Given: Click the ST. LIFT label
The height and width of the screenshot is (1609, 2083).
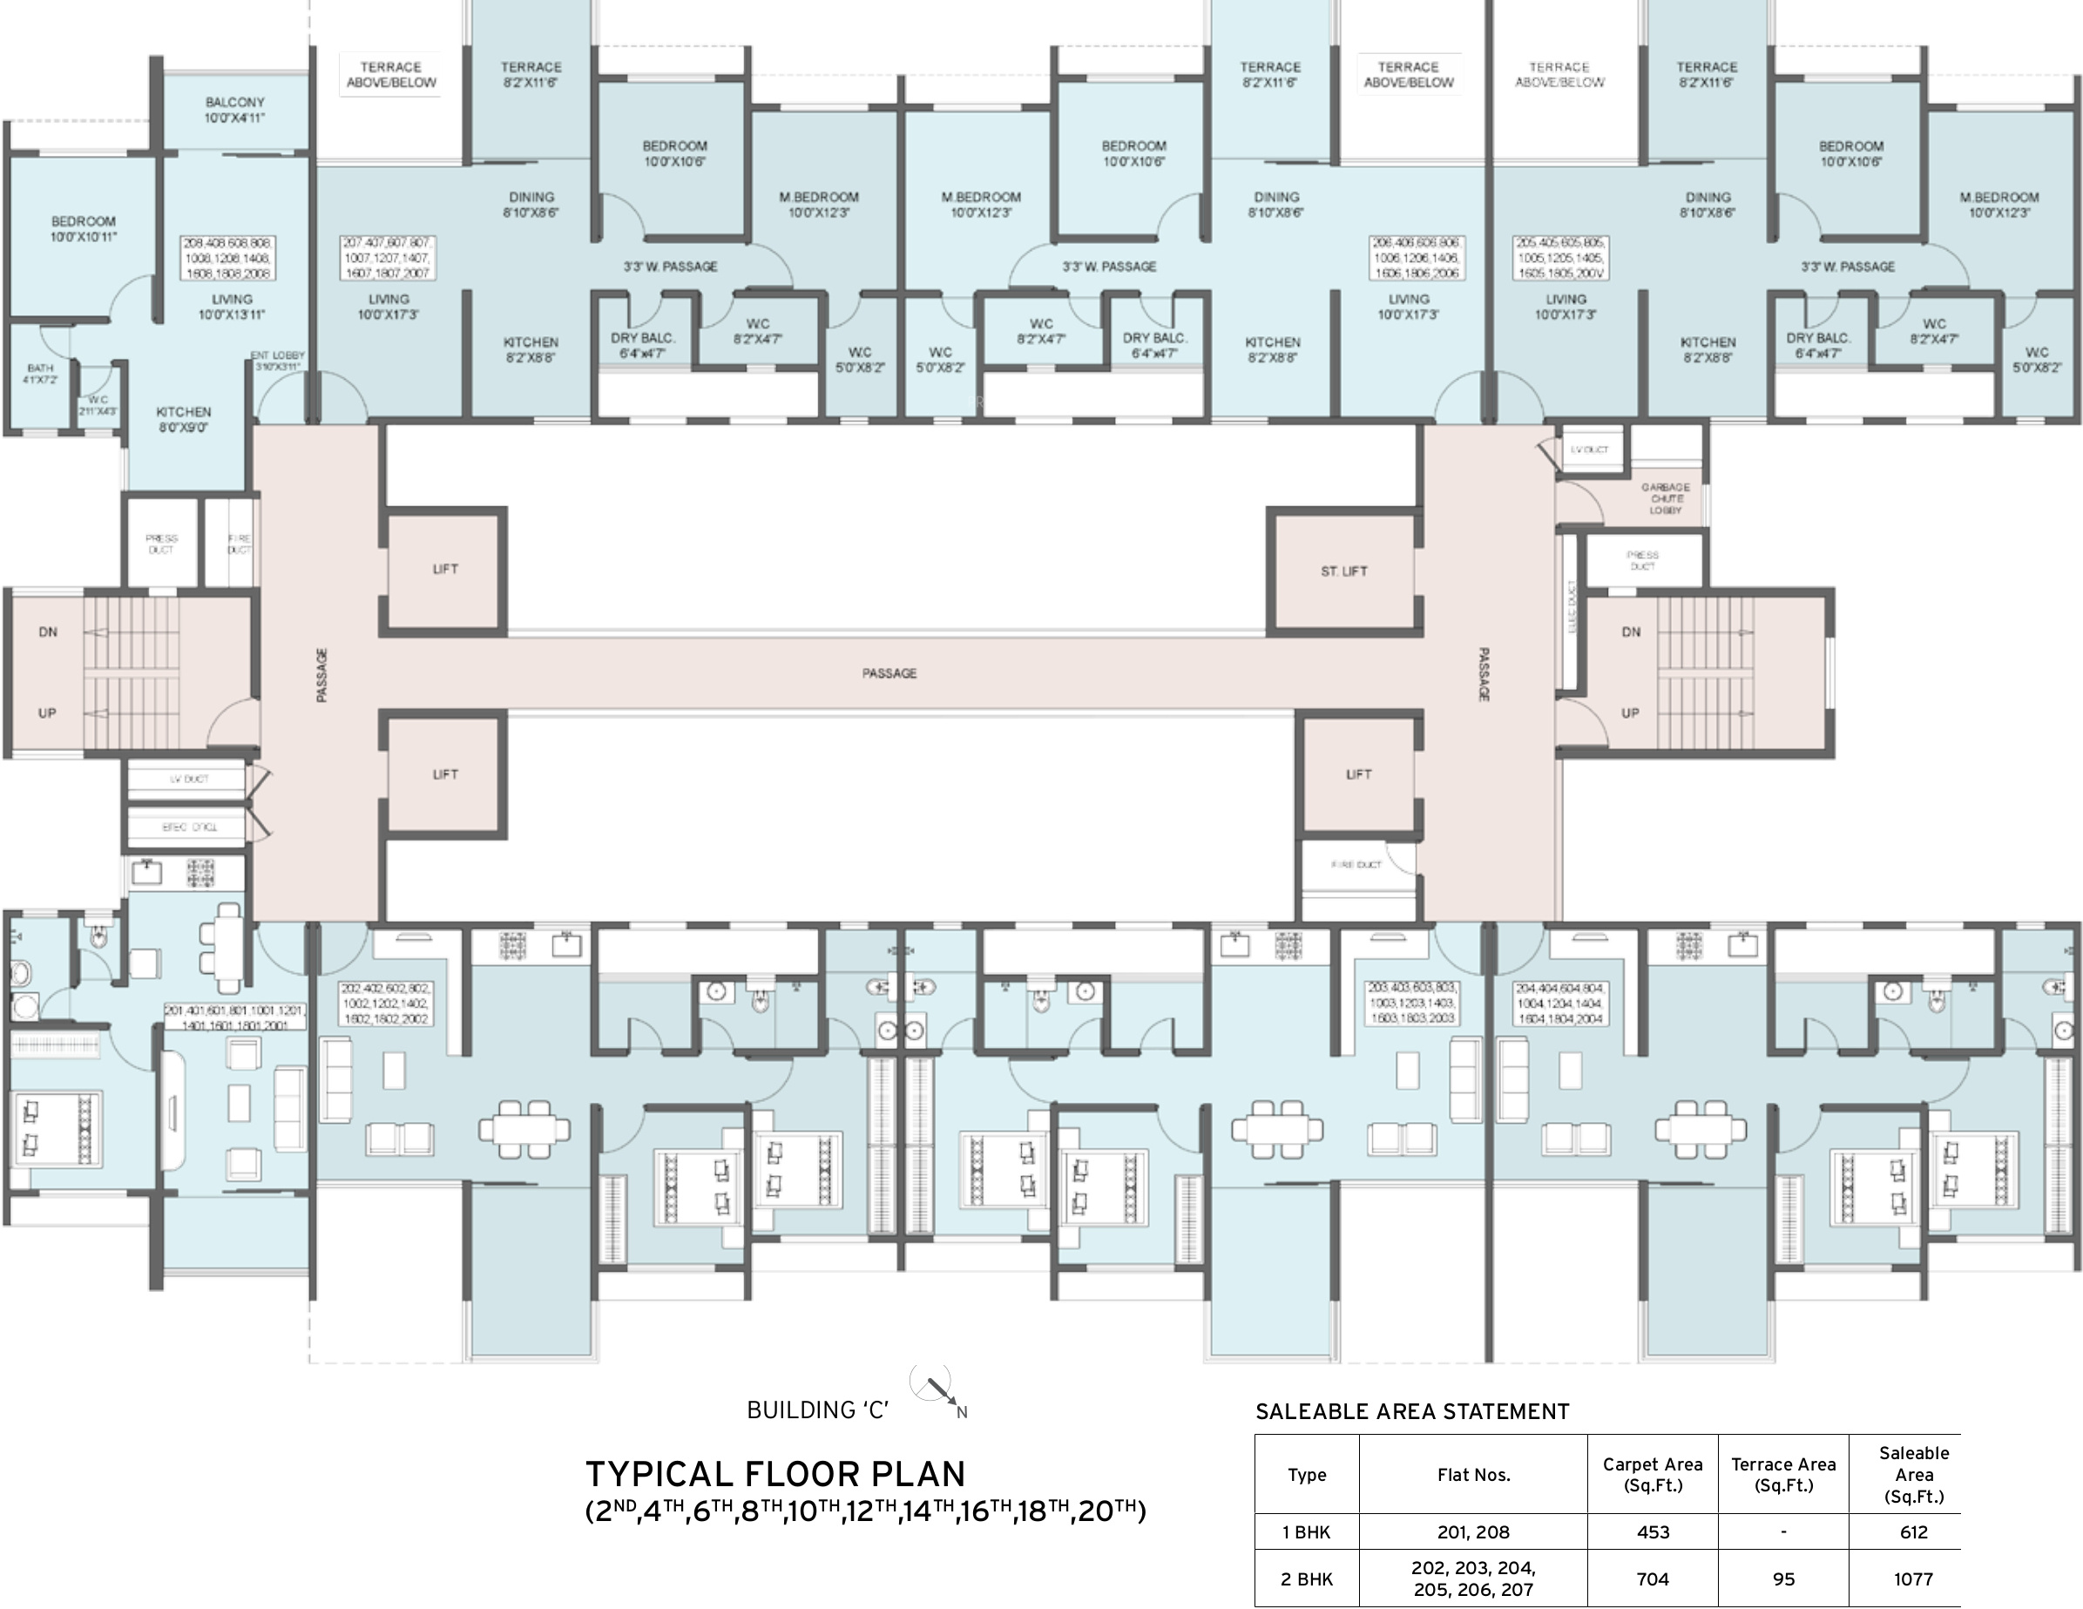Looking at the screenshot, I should (1344, 571).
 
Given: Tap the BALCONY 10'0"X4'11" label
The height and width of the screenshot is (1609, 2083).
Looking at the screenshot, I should (234, 110).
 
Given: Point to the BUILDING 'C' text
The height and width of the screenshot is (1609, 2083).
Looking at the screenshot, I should (817, 1410).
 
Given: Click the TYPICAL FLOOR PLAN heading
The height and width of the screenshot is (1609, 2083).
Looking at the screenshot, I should (774, 1475).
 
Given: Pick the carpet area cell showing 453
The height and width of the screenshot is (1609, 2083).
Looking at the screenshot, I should (1652, 1531).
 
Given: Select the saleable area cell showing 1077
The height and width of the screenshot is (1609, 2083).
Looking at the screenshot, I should (1912, 1579).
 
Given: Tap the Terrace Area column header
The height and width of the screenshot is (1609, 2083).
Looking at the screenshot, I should (1782, 1475).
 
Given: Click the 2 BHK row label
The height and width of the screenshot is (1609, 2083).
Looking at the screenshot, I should (1307, 1579).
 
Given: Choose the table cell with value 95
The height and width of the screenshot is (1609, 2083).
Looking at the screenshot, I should (1782, 1579).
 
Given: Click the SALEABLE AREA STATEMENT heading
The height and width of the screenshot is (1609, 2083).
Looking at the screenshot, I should (1411, 1411).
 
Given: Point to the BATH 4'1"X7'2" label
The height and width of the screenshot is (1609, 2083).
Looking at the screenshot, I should (40, 373).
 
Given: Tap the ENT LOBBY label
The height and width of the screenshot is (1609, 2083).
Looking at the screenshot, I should (278, 361).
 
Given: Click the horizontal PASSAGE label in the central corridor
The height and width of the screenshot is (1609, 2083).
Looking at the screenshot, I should (889, 673).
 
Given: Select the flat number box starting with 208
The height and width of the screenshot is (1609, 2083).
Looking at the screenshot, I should (228, 259).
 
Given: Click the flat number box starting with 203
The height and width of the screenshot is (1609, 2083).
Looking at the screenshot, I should (1412, 1004).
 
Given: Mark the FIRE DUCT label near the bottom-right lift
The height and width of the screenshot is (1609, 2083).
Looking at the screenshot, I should (1356, 865).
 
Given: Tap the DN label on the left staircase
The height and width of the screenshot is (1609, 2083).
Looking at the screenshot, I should (48, 632).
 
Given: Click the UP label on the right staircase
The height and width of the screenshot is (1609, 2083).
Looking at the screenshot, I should (1630, 713).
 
